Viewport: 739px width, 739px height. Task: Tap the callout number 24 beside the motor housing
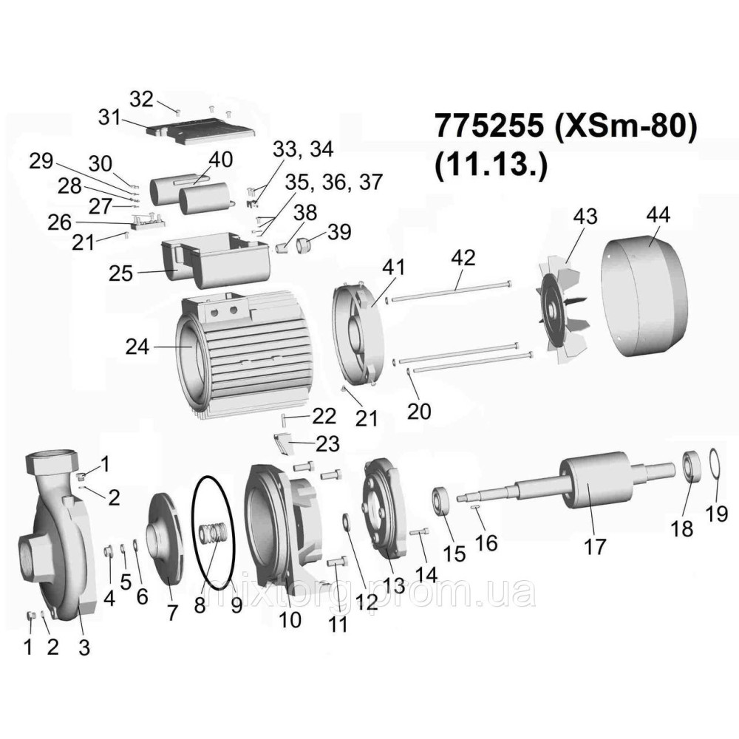(x=137, y=347)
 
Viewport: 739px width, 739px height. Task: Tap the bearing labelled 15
(x=441, y=500)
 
